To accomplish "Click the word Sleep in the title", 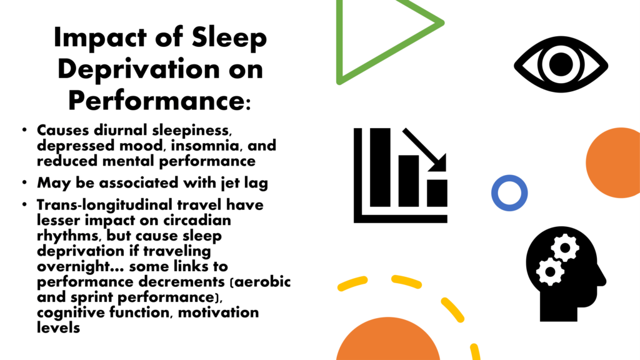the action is pyautogui.click(x=229, y=38).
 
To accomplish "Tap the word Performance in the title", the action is pyautogui.click(x=157, y=100).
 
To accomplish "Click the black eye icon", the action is pyautogui.click(x=561, y=64).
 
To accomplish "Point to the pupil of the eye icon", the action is pyautogui.click(x=561, y=64).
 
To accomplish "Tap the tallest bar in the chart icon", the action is pyautogui.click(x=380, y=167).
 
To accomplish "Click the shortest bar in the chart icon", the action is pyautogui.click(x=437, y=193).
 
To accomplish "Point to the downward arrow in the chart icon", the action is pyautogui.click(x=424, y=150).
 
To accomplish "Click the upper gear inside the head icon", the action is pyautogui.click(x=565, y=247).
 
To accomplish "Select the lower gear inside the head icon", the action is pyautogui.click(x=550, y=271).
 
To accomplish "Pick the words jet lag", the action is pyautogui.click(x=244, y=183).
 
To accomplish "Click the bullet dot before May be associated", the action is pyautogui.click(x=25, y=182).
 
